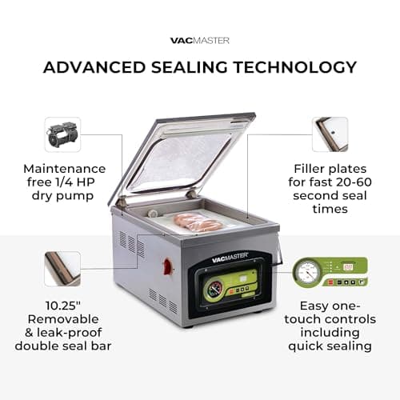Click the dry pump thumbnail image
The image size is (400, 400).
pos(62,134)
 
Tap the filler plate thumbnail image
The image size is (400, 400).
pos(330,134)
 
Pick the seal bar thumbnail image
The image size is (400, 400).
pos(62,269)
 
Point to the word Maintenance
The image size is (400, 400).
pos(65,169)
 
